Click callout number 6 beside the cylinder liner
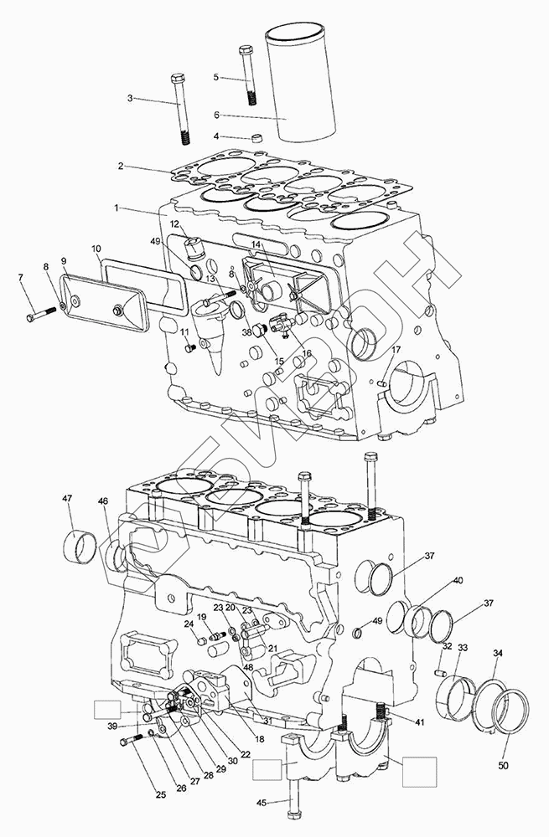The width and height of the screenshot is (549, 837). tap(215, 115)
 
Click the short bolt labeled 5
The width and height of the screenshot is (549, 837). tap(247, 73)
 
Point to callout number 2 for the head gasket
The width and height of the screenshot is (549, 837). tap(122, 166)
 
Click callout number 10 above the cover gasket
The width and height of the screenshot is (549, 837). tap(96, 249)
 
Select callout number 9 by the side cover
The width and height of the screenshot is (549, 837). tap(63, 261)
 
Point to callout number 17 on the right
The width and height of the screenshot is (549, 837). tap(396, 349)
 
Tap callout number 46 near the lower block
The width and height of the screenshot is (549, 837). tap(102, 501)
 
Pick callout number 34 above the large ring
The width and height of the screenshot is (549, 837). tap(498, 653)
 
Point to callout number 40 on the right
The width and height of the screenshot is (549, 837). tap(458, 580)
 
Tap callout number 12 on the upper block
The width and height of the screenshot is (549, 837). tap(175, 224)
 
